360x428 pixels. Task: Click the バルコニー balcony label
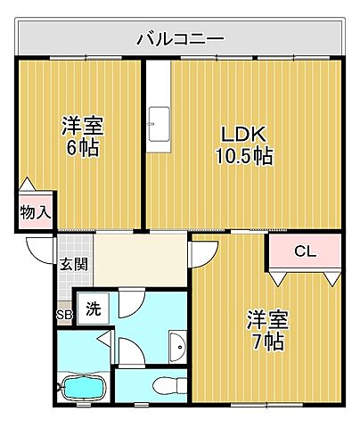[180, 38]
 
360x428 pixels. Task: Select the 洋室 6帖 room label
[80, 136]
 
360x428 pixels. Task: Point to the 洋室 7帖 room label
[266, 329]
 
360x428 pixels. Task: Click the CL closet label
[305, 252]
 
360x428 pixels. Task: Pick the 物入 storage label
[36, 213]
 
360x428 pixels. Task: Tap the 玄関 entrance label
[73, 264]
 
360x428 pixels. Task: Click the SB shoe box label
[64, 314]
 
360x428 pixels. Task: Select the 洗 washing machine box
[92, 309]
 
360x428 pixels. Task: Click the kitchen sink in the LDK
[160, 119]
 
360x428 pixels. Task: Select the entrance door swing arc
[41, 251]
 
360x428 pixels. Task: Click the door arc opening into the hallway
[201, 254]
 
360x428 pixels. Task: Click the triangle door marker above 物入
[28, 185]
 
